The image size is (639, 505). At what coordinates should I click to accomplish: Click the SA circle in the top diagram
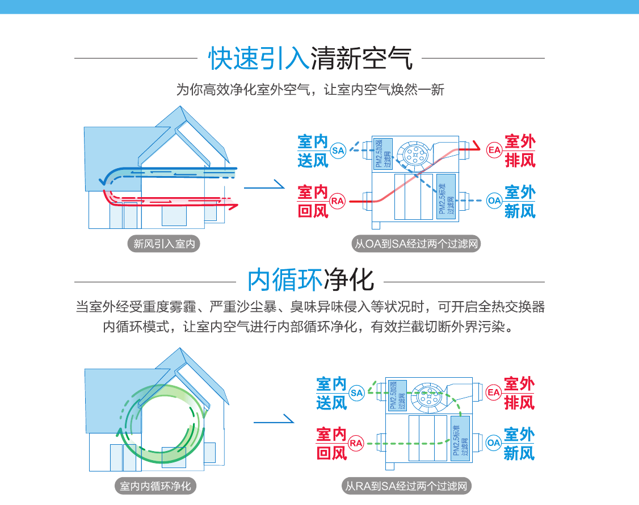[338, 151]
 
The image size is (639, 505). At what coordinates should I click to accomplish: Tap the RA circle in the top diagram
[338, 201]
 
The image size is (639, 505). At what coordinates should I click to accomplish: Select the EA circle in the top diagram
[494, 150]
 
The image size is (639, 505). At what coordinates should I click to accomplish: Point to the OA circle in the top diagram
[494, 201]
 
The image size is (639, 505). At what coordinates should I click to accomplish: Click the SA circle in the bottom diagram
[356, 393]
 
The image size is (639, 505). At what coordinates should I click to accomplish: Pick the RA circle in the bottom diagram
[356, 443]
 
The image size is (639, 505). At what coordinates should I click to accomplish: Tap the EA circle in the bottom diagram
[494, 392]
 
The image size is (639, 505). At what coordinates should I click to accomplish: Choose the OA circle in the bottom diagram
[494, 443]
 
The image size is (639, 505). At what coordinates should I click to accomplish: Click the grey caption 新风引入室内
[164, 244]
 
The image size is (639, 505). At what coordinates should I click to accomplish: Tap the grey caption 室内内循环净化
[155, 486]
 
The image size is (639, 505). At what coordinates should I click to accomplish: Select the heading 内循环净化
[310, 280]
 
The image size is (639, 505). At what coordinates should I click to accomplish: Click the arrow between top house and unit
[264, 185]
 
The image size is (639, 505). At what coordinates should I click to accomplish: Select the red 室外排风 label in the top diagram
[520, 151]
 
